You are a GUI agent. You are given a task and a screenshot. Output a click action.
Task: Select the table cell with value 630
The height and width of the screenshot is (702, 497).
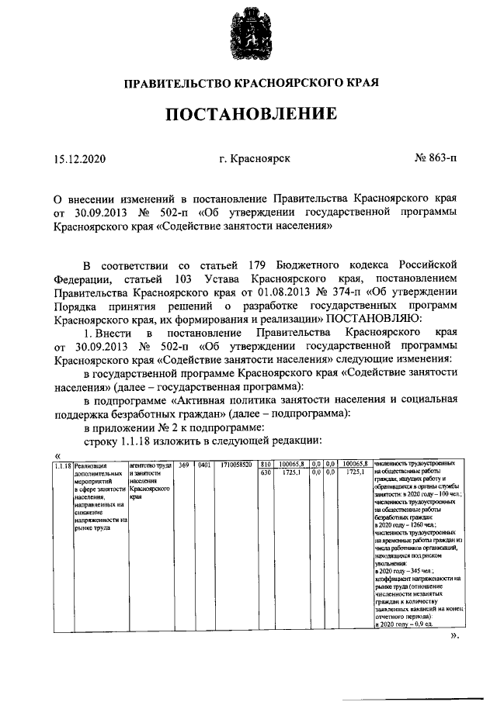point(266,472)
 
